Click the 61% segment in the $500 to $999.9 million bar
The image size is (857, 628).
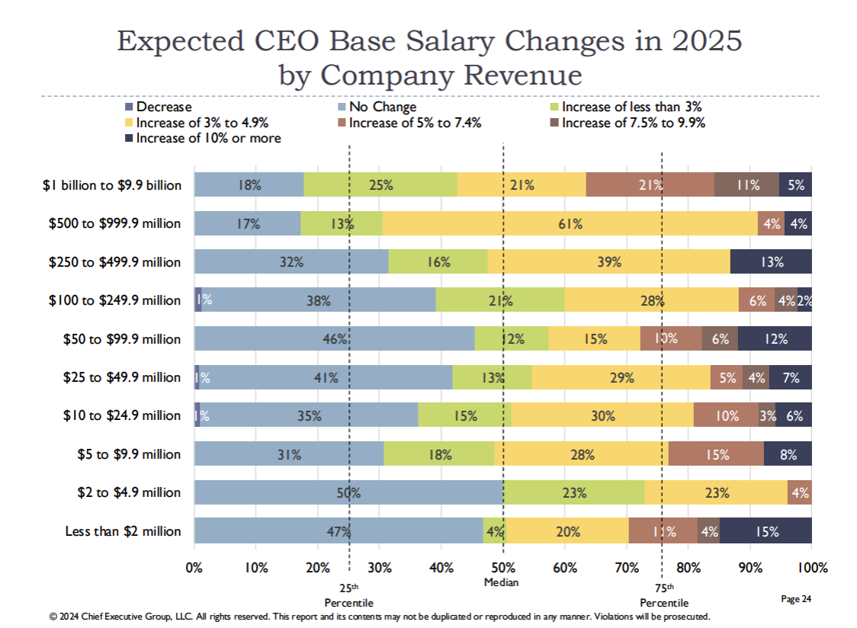[569, 223]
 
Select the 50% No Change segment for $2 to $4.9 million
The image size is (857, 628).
[348, 492]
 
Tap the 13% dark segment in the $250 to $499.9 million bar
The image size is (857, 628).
[771, 262]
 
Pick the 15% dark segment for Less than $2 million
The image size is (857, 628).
[766, 531]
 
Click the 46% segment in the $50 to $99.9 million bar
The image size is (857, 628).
[335, 339]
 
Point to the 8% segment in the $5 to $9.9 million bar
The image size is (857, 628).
[788, 454]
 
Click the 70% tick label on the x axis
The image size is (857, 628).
[627, 567]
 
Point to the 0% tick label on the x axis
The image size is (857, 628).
[194, 567]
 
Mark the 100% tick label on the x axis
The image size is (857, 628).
[811, 567]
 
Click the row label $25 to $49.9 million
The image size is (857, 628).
[122, 377]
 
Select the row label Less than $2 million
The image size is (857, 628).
[123, 531]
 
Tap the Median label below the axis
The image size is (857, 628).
[501, 582]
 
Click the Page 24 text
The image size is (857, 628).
[796, 600]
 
